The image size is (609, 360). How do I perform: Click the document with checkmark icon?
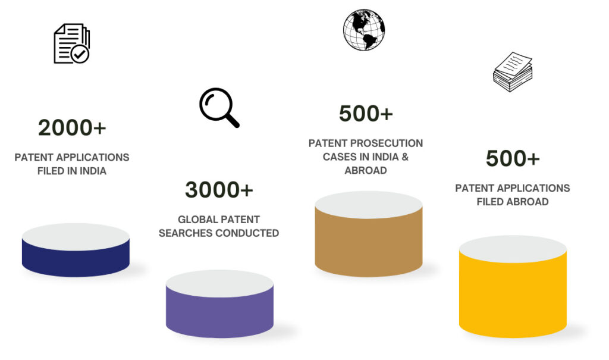71,43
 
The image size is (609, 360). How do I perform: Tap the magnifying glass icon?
219,107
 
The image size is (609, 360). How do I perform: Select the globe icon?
364,29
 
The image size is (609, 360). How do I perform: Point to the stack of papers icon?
513,73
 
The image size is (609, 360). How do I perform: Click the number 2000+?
72,127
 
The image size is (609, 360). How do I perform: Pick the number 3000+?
219,189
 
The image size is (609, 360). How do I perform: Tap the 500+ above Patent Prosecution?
366,114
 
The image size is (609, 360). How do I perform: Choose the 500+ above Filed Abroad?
513,158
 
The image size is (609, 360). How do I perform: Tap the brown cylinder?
369,241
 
